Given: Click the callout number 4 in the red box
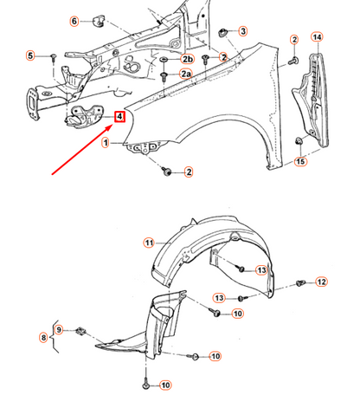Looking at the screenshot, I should point(120,115).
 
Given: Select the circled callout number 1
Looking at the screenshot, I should point(106,142).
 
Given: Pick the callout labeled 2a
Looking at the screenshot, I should point(186,75).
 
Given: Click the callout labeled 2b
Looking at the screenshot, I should point(187,58).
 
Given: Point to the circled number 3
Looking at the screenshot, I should point(242,31).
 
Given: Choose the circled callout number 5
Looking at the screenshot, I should point(30,56).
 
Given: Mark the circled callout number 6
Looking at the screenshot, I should point(74,21).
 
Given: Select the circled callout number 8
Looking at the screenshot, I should point(43,337).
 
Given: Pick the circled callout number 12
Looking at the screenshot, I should point(321,282).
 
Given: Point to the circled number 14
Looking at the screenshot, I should point(317,36).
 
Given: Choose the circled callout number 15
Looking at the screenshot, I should point(300,161).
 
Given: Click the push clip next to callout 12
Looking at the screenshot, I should point(300,282).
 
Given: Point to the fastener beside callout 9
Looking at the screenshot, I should point(80,329).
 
